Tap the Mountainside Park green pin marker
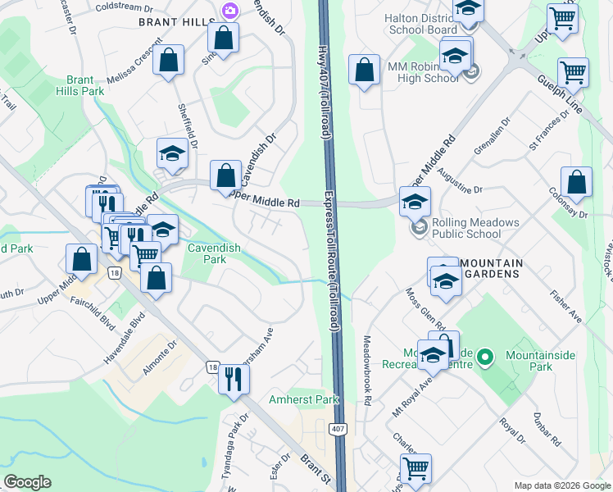[485, 357]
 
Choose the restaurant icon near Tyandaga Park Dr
[234, 378]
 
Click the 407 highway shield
[338, 430]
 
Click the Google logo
[28, 483]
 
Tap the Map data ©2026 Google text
[561, 485]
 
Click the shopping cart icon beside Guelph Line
[573, 71]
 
